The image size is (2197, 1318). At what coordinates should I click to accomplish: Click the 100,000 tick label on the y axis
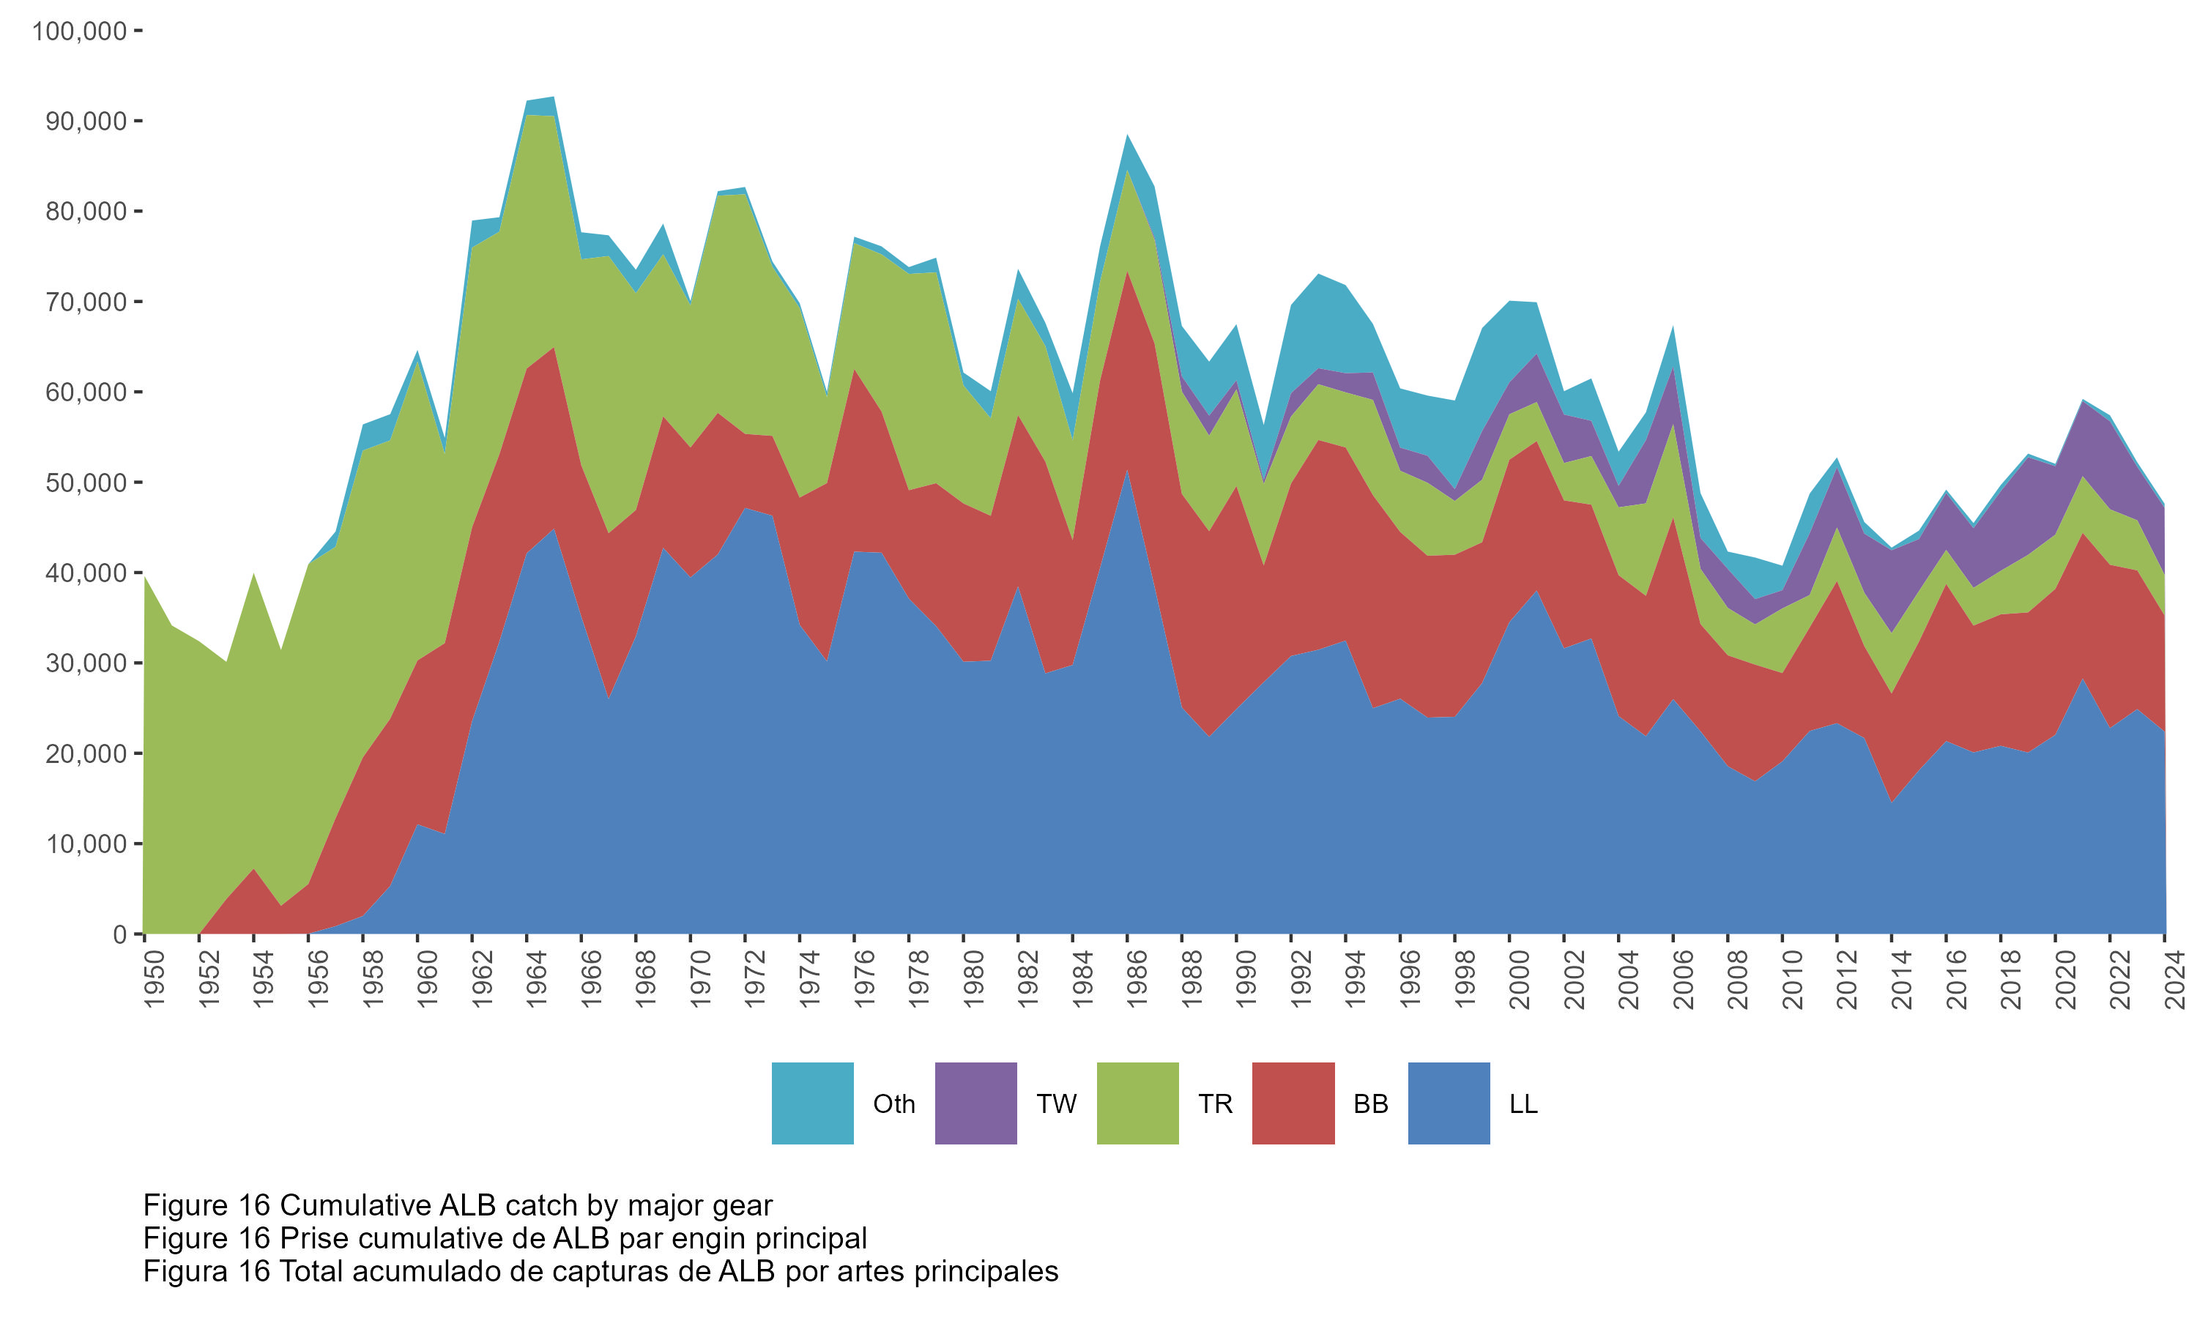79,31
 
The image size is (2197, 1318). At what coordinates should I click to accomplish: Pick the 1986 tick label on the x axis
1137,979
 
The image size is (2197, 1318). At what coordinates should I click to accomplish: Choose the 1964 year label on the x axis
536,979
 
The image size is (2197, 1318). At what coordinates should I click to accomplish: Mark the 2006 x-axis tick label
1683,979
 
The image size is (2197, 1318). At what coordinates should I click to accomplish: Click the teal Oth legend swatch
811,1103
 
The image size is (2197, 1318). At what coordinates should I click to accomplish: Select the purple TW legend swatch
975,1103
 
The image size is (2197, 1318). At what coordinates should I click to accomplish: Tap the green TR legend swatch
1137,1103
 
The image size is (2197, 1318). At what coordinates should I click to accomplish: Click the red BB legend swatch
1293,1103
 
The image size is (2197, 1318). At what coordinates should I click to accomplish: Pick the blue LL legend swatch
1449,1103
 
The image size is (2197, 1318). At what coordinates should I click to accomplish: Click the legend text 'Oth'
893,1104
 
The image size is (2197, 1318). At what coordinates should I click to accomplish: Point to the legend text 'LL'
1523,1104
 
